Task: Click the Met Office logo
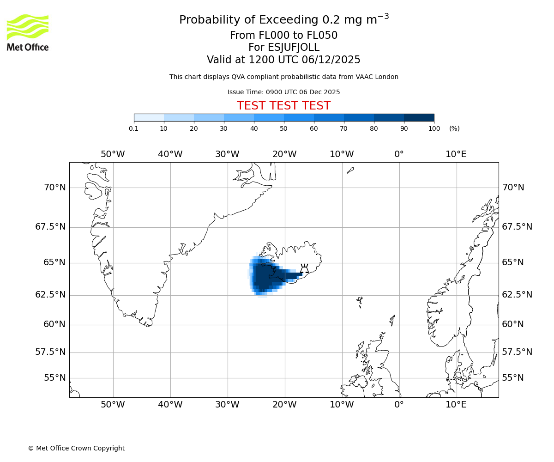coord(28,32)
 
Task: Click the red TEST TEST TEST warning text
coord(283,106)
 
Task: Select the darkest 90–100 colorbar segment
coord(419,118)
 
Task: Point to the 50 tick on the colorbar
coord(284,128)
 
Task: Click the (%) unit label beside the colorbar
coord(454,128)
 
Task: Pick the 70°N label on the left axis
coord(54,188)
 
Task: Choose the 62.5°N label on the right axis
coord(517,295)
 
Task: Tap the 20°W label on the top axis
coord(284,154)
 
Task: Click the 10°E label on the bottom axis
coord(456,405)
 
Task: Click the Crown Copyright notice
coord(76,448)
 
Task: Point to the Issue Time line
coord(283,92)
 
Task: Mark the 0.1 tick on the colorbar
coord(134,128)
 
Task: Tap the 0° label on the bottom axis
coord(399,405)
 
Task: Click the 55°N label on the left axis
coord(54,378)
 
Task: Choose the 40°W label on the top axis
coord(170,154)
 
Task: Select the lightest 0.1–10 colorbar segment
coord(149,118)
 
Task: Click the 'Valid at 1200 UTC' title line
coord(283,60)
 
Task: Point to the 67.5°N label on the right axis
coord(517,227)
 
